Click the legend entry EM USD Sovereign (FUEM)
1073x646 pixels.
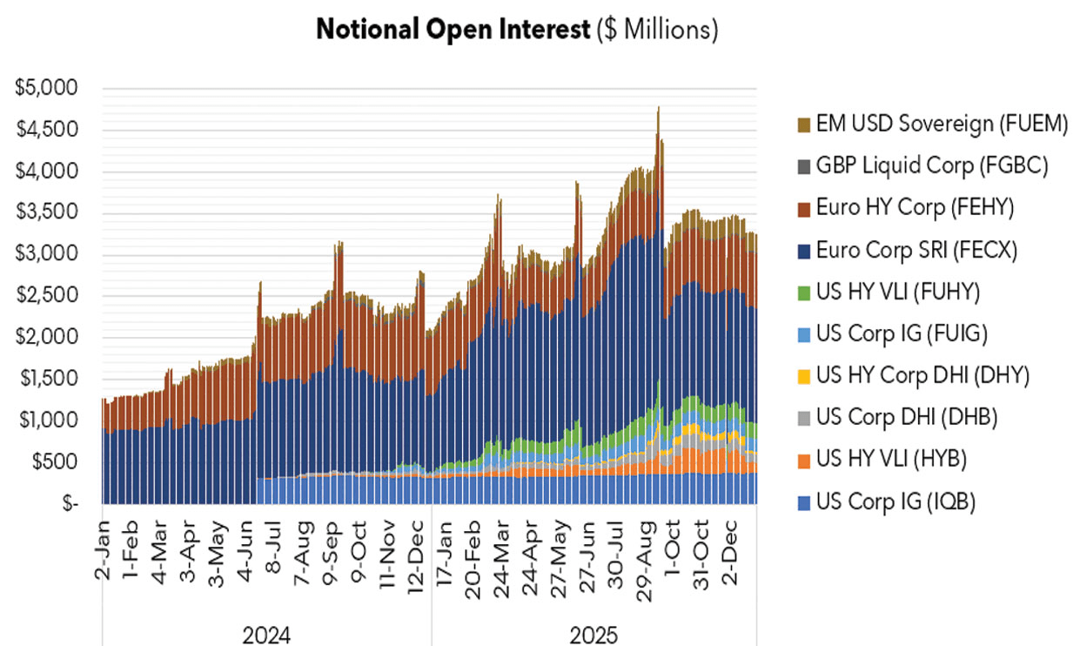[939, 124]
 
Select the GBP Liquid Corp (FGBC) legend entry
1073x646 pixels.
[935, 165]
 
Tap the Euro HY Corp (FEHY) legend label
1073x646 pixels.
[922, 208]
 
